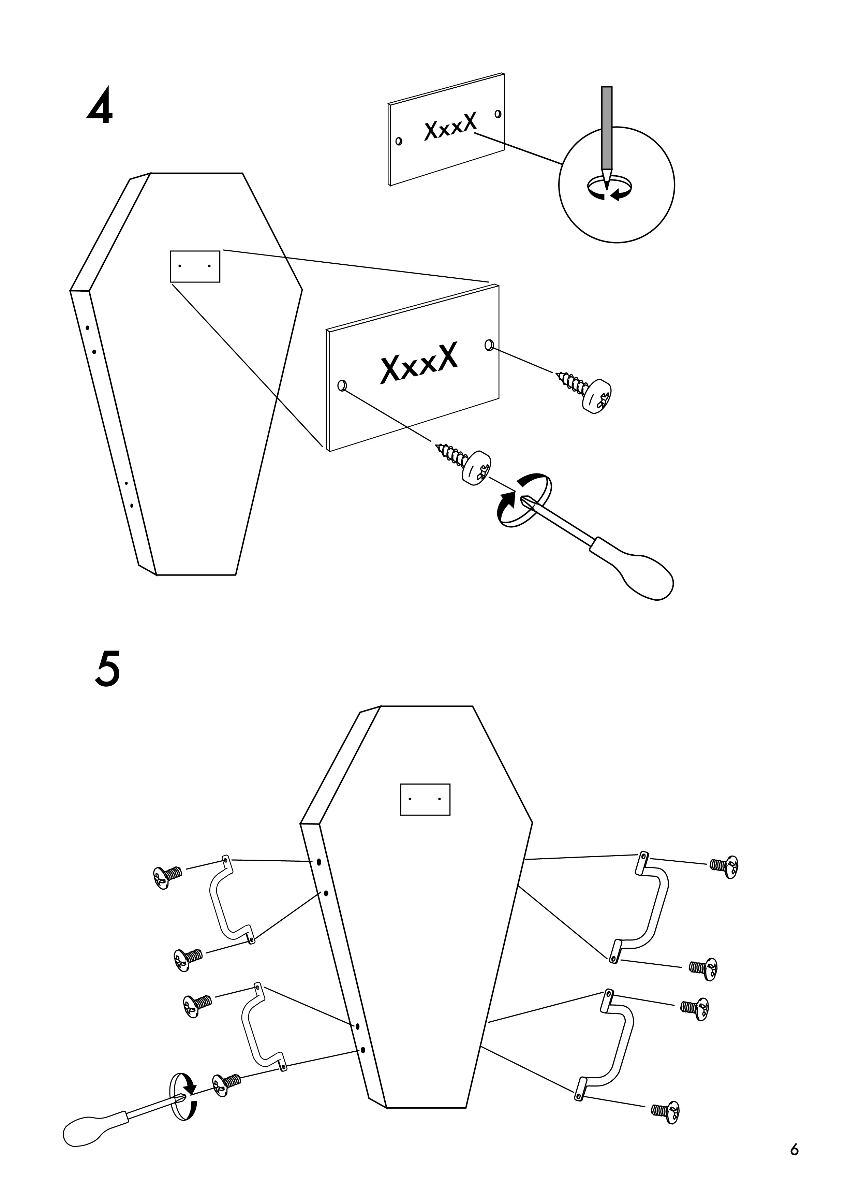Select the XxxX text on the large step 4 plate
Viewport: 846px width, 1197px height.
(420, 363)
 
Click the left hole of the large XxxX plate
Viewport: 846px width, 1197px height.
(342, 385)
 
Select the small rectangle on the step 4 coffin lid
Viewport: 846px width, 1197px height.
(195, 266)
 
